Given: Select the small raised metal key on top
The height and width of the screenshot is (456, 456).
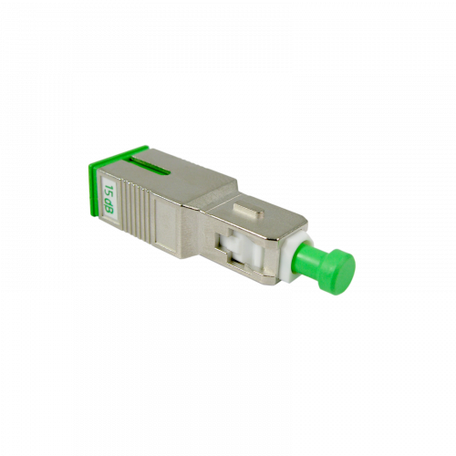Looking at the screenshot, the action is point(248,211).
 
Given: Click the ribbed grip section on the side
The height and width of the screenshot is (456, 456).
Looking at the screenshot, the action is point(138,210).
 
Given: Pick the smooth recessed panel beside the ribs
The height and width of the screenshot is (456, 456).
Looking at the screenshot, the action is point(166,224).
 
